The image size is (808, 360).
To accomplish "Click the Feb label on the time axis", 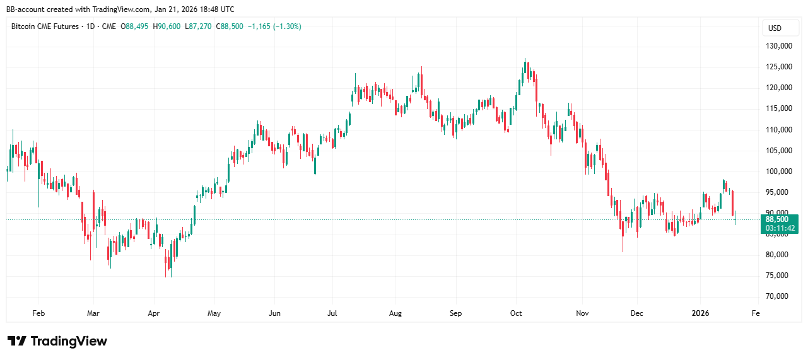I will pos(38,313).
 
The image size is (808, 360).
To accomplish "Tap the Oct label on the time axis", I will pos(517,313).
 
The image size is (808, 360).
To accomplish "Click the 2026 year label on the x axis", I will pos(701,313).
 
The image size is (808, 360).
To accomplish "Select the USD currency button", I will pos(774,28).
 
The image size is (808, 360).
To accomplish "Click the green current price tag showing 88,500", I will pos(780,219).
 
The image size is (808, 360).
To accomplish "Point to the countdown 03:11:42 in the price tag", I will pos(780,228).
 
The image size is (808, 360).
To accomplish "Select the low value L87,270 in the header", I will pos(198,26).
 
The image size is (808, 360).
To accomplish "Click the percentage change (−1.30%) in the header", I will pos(283,26).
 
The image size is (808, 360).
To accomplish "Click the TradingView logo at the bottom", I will pos(57,341).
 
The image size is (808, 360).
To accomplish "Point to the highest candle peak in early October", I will pos(525,59).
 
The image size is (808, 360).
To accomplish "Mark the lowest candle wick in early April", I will pos(167,277).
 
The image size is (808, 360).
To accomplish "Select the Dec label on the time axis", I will pos(637,313).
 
